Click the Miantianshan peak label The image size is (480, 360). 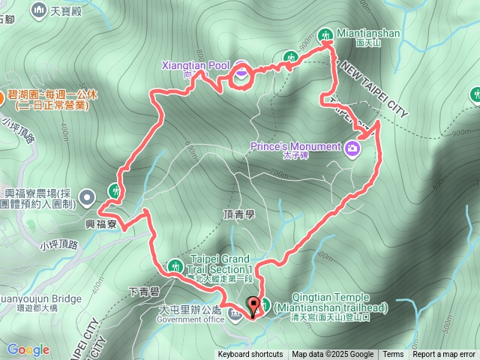[368, 34]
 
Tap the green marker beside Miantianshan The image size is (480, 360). [325, 34]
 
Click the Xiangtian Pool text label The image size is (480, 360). [196, 65]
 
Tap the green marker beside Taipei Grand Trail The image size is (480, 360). [175, 265]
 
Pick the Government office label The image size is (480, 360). [190, 319]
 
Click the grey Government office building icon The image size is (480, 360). [235, 313]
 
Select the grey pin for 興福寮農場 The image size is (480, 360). [88, 199]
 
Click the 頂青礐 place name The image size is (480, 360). [239, 214]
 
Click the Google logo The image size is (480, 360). [28, 349]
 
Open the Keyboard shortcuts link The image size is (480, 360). [250, 355]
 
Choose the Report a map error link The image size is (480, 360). [444, 355]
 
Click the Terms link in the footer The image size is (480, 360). [393, 355]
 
